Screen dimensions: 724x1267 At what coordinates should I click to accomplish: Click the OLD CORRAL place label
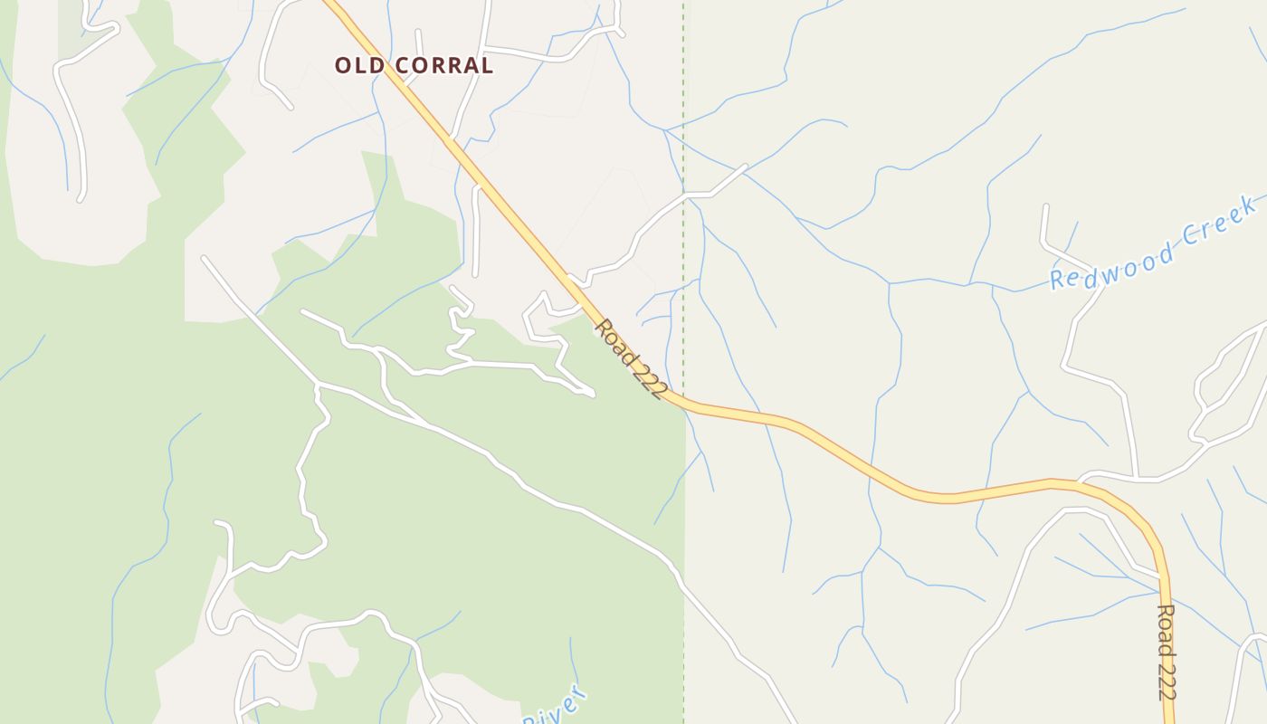tap(414, 65)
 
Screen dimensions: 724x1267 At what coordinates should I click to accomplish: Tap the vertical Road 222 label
tap(1167, 652)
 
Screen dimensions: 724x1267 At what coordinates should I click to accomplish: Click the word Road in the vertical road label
tap(1167, 624)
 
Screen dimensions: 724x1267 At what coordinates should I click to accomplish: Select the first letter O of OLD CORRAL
tap(343, 65)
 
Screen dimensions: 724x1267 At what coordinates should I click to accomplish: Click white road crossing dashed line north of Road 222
tap(684, 195)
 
